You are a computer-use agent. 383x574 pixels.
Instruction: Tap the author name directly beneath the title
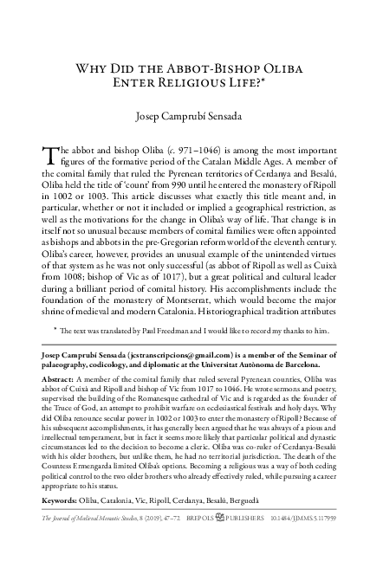pyautogui.click(x=190, y=116)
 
